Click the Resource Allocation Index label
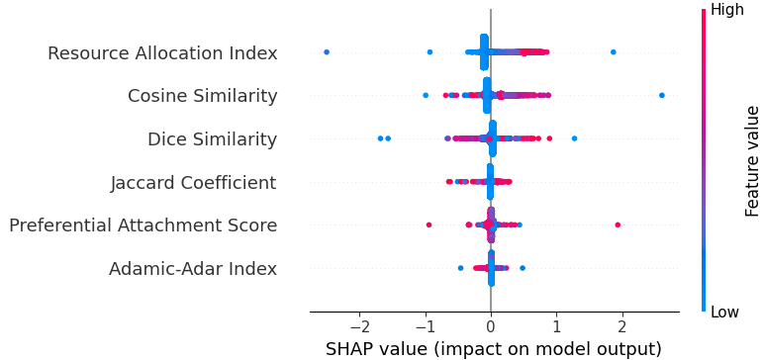[x=162, y=53]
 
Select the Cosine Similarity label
[x=202, y=96]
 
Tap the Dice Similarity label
[x=212, y=139]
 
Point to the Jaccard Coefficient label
[x=193, y=183]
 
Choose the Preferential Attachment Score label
[x=143, y=225]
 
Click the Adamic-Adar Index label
[x=193, y=269]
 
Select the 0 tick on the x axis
[x=491, y=327]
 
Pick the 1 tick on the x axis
[x=556, y=327]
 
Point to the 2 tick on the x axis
[x=622, y=327]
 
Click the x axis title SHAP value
[x=494, y=349]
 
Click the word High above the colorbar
[x=727, y=10]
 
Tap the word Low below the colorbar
[x=725, y=313]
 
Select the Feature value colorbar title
[x=753, y=161]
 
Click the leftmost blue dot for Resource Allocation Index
[x=327, y=51]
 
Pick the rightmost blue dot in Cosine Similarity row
[x=661, y=95]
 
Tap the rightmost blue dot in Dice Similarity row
[x=574, y=138]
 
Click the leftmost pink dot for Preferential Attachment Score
[x=429, y=225]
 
